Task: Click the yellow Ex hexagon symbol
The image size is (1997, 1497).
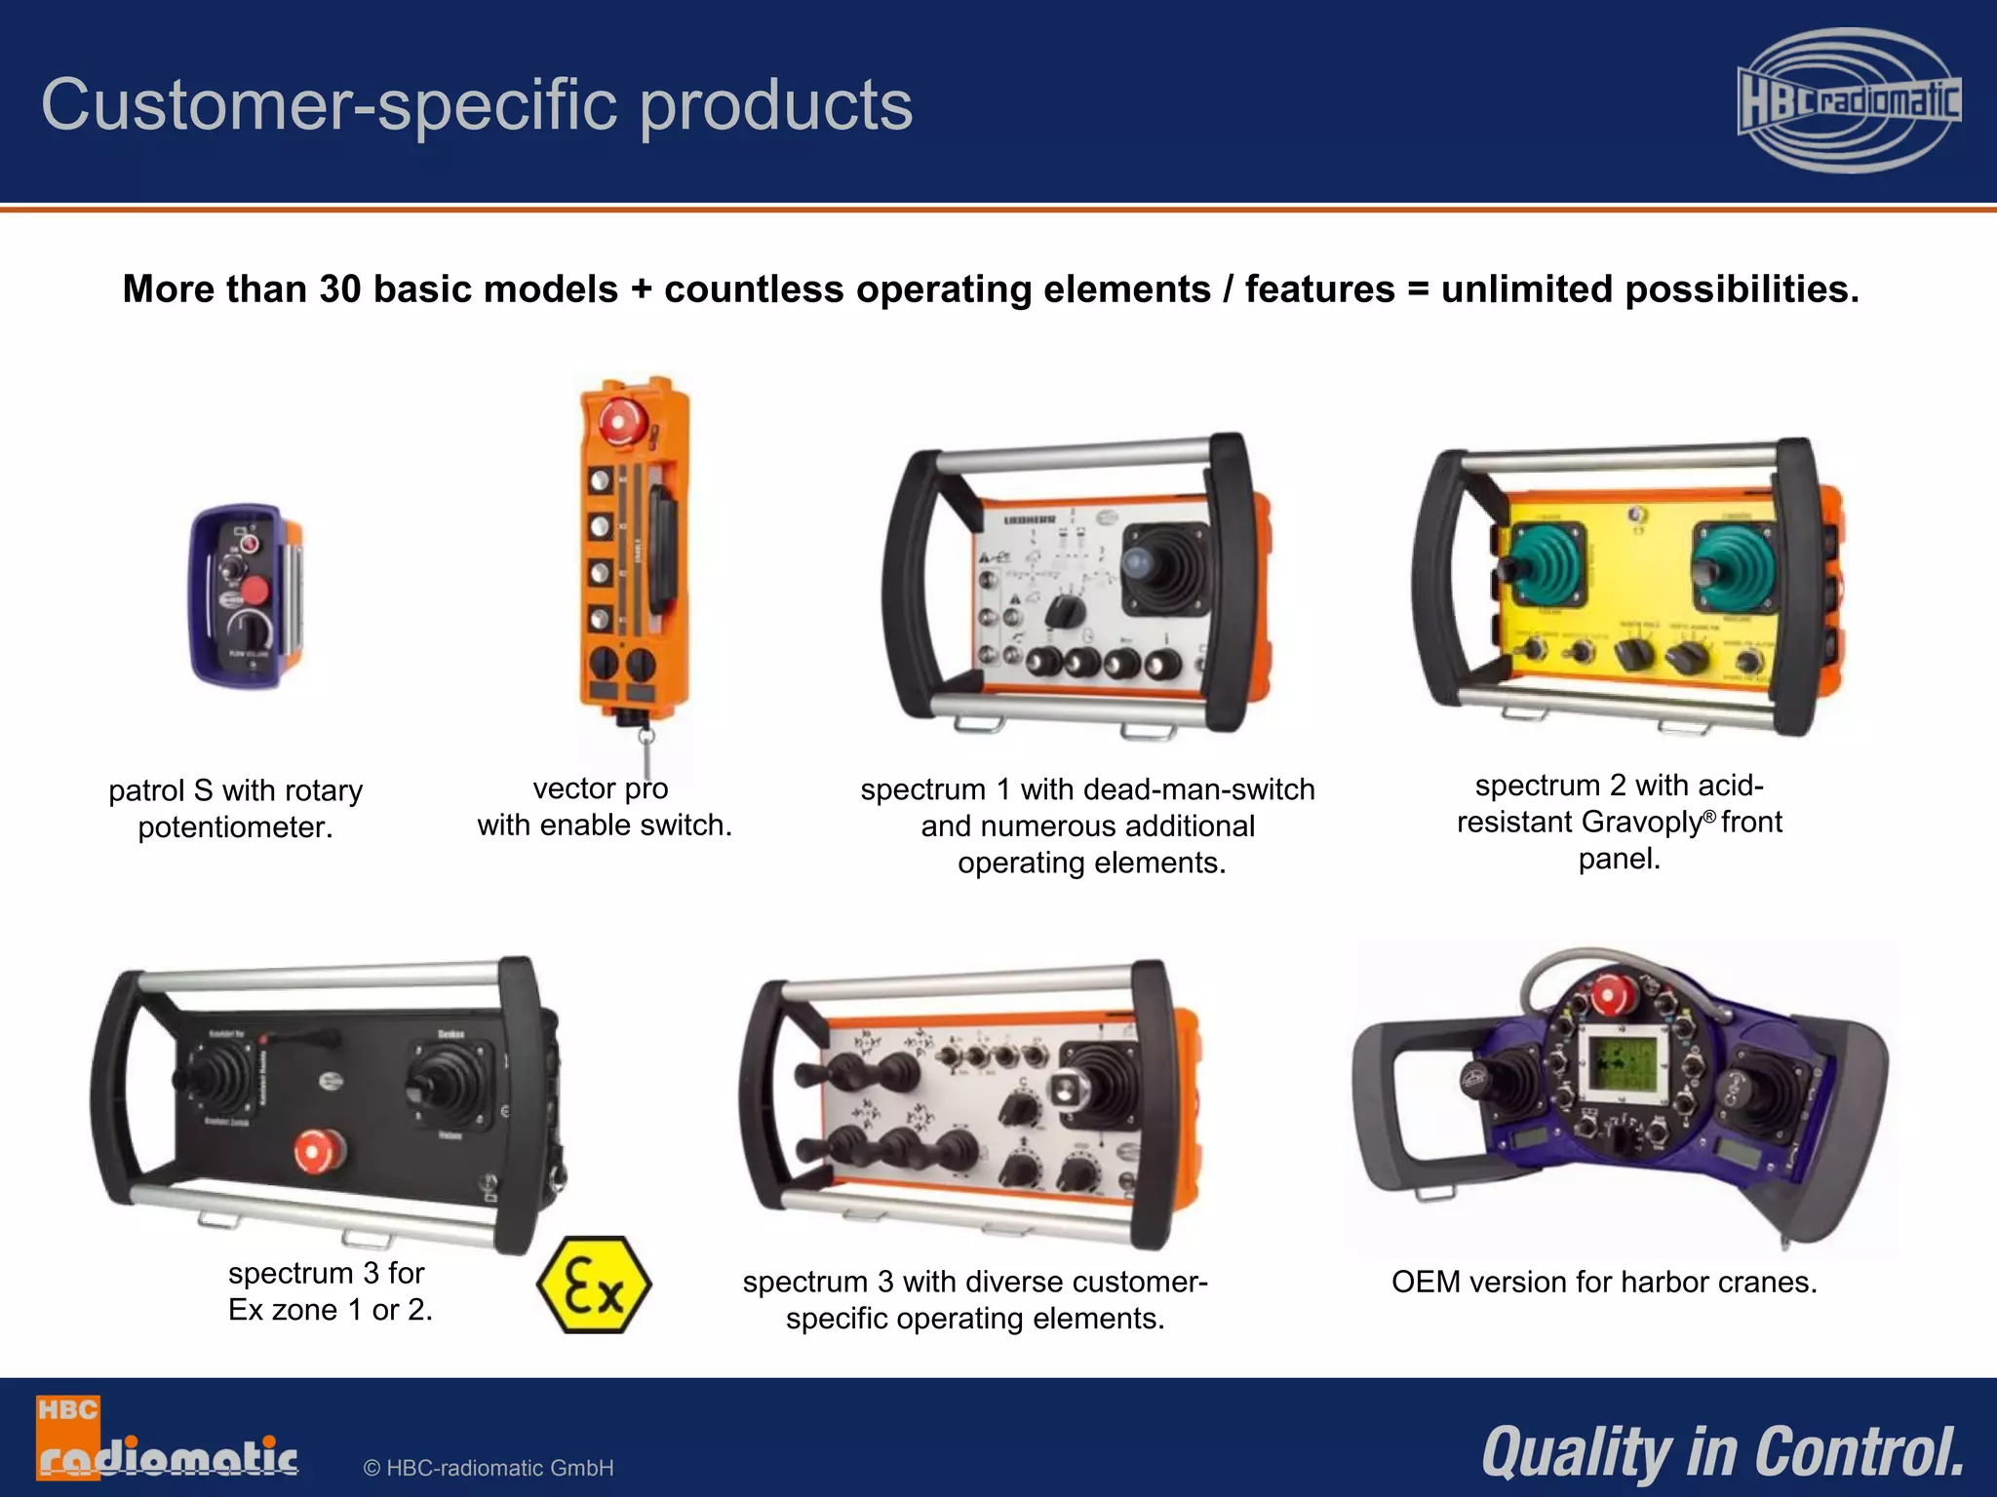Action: tap(594, 1285)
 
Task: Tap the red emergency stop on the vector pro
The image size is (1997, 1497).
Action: tap(617, 422)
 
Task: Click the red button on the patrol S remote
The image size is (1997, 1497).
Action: tap(255, 591)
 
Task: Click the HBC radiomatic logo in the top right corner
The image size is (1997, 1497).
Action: tap(1849, 100)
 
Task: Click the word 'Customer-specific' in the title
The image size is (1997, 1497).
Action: tap(333, 104)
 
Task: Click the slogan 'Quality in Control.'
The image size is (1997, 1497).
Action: tap(1722, 1451)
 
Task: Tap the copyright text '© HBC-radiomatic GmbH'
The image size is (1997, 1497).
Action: tap(488, 1468)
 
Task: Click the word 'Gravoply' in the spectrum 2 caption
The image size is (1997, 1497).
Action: tap(1641, 823)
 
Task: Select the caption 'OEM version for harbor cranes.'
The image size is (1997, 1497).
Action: tap(1604, 1283)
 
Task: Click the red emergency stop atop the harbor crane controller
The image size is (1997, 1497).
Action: tap(1608, 996)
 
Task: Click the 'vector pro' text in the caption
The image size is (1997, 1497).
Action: tap(601, 787)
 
